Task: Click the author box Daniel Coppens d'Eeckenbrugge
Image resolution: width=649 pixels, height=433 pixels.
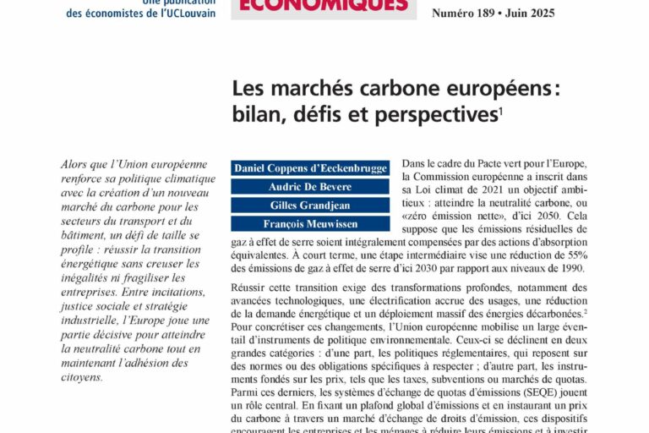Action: [x=310, y=167]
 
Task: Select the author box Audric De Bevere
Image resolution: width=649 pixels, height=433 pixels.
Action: [x=310, y=186]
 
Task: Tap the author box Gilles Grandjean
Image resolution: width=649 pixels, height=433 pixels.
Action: [x=310, y=205]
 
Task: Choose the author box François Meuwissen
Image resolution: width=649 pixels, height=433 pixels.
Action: [x=310, y=223]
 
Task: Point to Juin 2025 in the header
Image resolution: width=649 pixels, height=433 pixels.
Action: [x=545, y=14]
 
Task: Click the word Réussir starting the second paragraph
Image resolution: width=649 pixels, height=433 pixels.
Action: [x=253, y=289]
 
